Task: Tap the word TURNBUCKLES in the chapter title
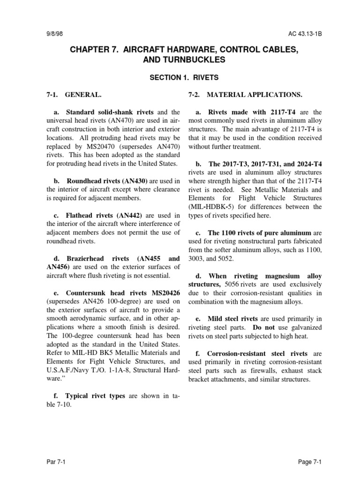coord(193,60)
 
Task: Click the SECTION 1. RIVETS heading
coord(180,78)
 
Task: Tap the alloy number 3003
coord(197,258)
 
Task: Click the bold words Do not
coord(262,327)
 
